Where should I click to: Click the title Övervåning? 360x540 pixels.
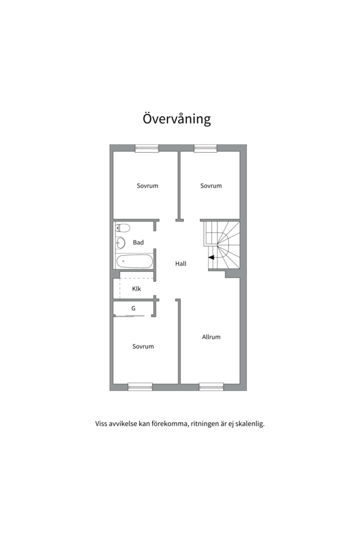176,119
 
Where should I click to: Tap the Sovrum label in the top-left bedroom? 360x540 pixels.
147,185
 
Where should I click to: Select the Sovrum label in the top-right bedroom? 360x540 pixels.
211,185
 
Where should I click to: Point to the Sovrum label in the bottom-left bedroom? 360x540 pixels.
143,346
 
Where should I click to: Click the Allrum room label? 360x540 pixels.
211,337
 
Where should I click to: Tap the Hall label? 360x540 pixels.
180,263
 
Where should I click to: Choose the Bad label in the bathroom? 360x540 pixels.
138,242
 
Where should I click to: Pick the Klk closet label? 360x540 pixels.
136,288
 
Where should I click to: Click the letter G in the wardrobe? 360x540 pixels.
133,308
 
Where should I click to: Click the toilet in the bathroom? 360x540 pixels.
122,227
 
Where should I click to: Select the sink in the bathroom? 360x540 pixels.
120,243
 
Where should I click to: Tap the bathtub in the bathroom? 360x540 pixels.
133,261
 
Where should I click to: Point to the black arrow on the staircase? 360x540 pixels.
211,257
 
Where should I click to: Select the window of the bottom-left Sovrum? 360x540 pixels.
140,386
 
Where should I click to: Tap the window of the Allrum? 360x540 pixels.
211,386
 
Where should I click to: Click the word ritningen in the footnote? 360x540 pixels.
205,424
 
